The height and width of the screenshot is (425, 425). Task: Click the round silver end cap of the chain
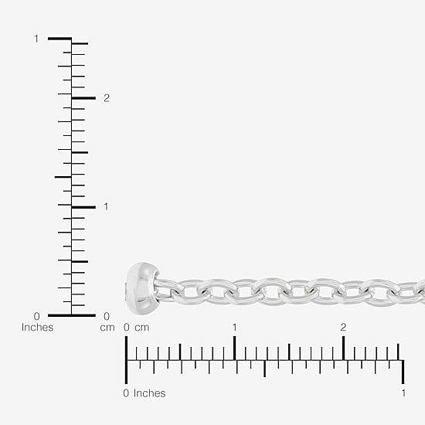point(142,288)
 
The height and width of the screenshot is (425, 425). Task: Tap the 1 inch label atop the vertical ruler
point(36,39)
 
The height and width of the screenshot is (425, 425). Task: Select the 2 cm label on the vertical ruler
point(107,98)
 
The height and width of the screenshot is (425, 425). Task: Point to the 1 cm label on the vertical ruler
point(106,207)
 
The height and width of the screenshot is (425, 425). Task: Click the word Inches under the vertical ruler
point(37,327)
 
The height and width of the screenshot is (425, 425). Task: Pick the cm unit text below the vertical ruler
point(107,328)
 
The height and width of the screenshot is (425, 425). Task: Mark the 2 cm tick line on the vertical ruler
point(83,98)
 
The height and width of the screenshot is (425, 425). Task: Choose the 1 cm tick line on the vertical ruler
point(83,207)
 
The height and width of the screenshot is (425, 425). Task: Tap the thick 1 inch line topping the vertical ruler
point(60,39)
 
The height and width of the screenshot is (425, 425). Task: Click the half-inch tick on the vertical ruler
point(63,177)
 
